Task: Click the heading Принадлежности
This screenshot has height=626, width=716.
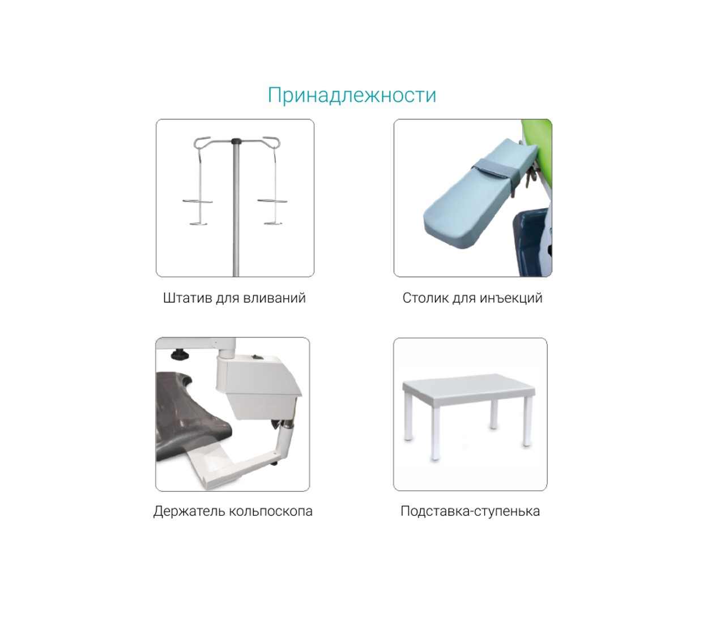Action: click(x=352, y=96)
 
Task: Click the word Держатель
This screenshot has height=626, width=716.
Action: click(x=189, y=511)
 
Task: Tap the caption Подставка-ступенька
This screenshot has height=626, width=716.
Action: click(x=470, y=511)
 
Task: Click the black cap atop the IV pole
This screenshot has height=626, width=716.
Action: click(x=236, y=141)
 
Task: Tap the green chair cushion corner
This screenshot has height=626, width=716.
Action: click(x=537, y=131)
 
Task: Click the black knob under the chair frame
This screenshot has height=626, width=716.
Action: click(x=180, y=355)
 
